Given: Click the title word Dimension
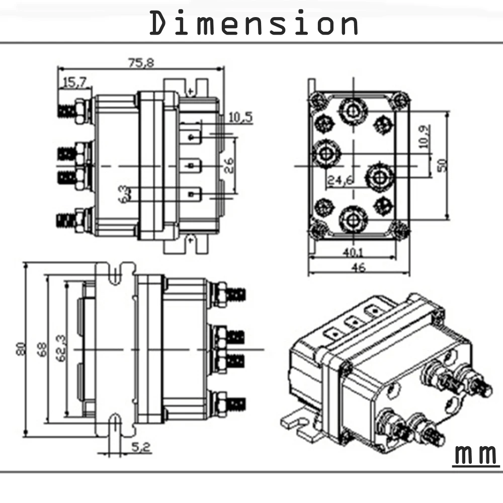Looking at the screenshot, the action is tap(254, 23).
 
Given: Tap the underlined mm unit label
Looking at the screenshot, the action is tap(476, 454).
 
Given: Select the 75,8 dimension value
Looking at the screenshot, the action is tap(141, 62).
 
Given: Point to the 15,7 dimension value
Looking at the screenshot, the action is tap(75, 82).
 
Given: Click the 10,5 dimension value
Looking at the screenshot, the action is tap(240, 117).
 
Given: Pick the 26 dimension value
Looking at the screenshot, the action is tap(228, 165).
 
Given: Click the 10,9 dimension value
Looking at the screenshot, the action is tap(425, 137).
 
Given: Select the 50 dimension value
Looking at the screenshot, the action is tap(442, 165).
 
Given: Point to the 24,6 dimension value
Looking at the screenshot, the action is tap(341, 180).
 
